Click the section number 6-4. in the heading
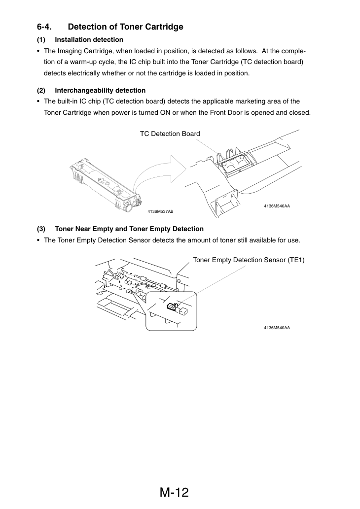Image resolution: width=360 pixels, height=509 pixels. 44,27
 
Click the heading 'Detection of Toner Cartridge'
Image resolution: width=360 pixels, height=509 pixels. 125,27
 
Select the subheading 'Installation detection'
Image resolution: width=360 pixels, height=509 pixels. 89,39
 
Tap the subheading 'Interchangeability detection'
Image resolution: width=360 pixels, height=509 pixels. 100,90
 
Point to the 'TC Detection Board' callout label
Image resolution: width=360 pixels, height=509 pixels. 170,134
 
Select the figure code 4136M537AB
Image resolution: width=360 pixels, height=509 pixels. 160,212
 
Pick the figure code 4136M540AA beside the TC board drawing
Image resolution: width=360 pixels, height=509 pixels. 277,206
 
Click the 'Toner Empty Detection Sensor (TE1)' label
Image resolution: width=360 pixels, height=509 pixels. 249,260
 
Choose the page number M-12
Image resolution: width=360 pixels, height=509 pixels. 174,492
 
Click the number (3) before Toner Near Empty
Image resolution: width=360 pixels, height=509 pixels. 41,229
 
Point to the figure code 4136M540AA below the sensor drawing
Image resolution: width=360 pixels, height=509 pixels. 277,328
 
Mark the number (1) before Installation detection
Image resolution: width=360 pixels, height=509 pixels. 41,39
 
